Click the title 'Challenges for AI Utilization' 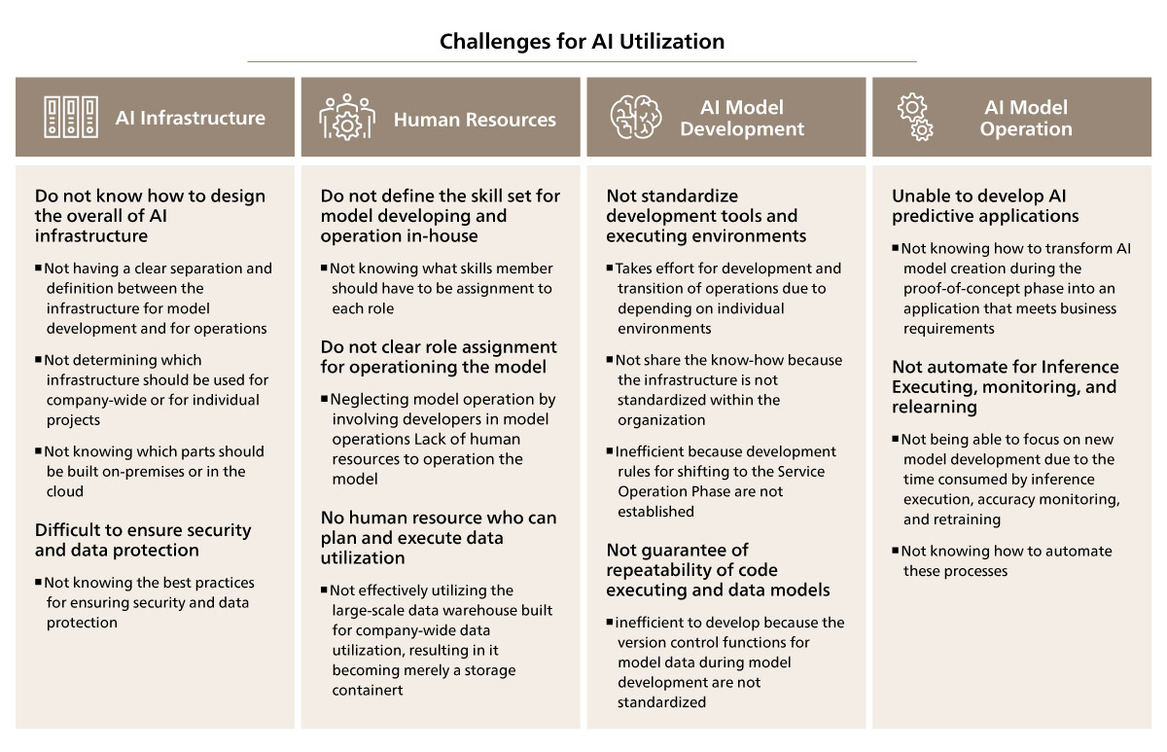(x=582, y=41)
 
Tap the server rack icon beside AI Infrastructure (x=71, y=118)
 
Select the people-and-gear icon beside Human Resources (x=347, y=118)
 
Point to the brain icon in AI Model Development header (x=636, y=117)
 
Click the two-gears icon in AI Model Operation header (x=915, y=118)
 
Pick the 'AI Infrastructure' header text (x=191, y=118)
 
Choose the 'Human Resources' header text (x=475, y=120)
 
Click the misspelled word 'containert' (x=368, y=690)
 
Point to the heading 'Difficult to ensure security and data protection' (x=143, y=540)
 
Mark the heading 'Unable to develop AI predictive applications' (x=985, y=206)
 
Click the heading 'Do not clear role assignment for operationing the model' (x=439, y=357)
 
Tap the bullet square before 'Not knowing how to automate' (x=895, y=550)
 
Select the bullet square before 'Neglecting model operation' (x=324, y=398)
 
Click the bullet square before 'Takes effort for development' (x=610, y=268)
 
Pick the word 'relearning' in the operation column (x=935, y=407)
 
